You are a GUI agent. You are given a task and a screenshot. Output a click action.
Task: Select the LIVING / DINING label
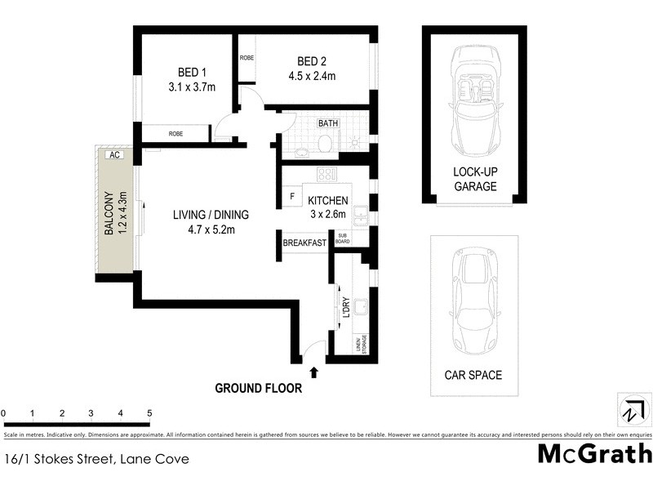click(210, 216)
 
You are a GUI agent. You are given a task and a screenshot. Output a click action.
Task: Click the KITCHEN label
click(328, 201)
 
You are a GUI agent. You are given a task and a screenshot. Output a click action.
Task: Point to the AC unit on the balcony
click(114, 154)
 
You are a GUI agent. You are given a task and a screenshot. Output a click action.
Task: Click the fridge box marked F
click(292, 197)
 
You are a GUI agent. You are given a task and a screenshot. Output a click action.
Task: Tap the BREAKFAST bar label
click(304, 243)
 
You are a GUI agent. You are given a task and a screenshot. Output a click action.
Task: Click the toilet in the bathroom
click(323, 144)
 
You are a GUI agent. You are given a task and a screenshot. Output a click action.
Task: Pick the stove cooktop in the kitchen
click(327, 174)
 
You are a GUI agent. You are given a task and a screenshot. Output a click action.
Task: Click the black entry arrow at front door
click(314, 372)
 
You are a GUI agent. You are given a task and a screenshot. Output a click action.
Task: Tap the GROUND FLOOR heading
click(258, 389)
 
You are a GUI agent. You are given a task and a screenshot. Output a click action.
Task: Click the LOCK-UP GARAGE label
click(475, 179)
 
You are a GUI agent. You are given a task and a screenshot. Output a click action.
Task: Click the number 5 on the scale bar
click(149, 413)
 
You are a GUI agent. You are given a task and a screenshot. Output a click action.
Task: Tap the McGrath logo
click(595, 453)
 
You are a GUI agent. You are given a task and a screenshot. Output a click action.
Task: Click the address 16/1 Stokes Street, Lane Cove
click(96, 459)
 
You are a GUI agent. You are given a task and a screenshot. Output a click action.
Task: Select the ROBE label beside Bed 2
click(247, 59)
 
